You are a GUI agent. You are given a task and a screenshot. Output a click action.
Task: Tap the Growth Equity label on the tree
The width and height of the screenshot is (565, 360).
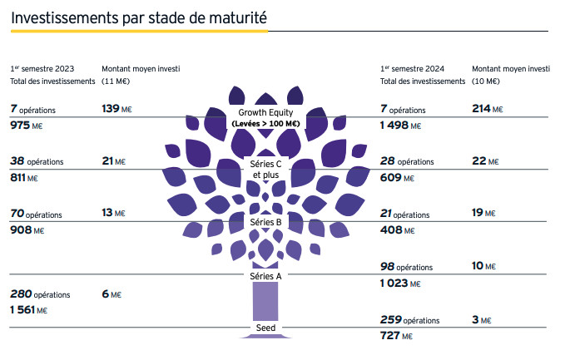pos(267,112)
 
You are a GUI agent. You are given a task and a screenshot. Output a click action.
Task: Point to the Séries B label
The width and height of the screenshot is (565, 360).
pos(266,222)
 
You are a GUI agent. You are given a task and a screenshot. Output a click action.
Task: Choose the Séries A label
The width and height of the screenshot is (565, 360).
pos(266,276)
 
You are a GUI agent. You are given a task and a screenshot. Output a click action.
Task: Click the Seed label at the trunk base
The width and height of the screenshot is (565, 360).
pos(266,328)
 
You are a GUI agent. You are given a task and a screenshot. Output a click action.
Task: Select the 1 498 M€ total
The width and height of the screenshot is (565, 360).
pos(400,126)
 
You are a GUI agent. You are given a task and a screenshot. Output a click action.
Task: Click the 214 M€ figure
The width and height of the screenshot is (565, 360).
pos(487,109)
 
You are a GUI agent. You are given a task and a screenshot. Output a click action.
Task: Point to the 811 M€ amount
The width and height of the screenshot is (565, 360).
pos(26,177)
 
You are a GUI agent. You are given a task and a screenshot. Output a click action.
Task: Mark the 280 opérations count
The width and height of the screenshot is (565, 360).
pos(40,294)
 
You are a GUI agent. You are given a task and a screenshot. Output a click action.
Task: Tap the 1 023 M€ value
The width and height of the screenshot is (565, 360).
pos(400,283)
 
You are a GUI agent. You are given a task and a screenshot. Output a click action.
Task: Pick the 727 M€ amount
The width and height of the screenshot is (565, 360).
pos(396,336)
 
